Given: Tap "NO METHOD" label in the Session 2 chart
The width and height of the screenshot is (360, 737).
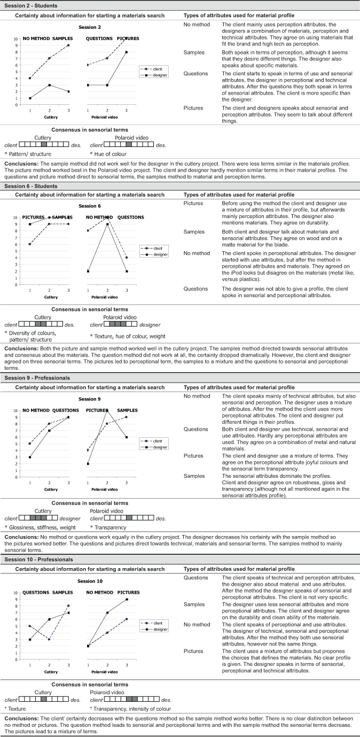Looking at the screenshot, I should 35,38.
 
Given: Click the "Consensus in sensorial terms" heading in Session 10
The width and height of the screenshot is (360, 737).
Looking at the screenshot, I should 90,684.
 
